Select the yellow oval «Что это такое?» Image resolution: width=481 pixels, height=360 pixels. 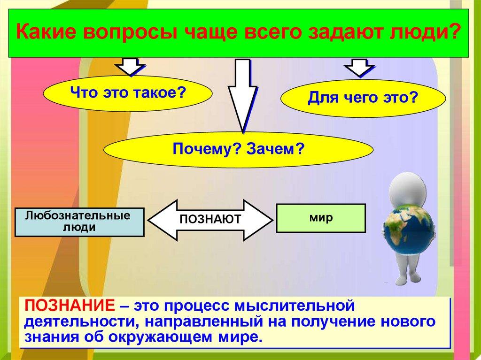[128, 93]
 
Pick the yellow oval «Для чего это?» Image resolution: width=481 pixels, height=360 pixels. [363, 98]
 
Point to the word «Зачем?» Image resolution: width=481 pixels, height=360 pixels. [276, 149]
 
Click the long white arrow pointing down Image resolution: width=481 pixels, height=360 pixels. [243, 96]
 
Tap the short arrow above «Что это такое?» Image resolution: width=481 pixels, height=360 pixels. [130, 67]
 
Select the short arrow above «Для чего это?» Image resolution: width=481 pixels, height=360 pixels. [359, 68]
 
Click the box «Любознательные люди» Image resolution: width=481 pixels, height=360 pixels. [79, 222]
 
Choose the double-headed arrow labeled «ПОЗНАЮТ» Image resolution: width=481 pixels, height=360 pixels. [210, 220]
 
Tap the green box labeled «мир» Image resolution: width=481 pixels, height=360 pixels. [321, 218]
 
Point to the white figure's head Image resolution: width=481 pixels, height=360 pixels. [407, 188]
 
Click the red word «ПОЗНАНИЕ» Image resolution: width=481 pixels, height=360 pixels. [70, 306]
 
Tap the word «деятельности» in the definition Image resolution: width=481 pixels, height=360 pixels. [83, 322]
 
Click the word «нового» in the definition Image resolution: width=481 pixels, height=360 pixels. [408, 322]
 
